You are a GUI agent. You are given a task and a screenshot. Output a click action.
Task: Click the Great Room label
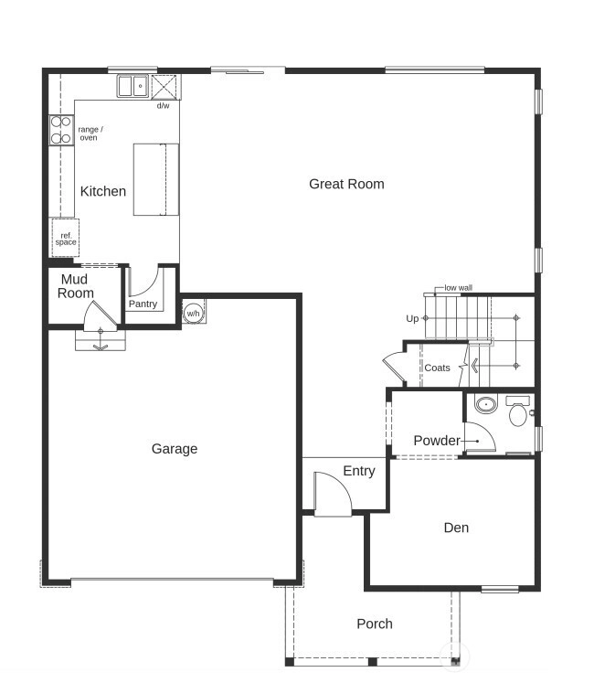[x=346, y=185]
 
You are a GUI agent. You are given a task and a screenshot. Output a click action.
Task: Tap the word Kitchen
[x=103, y=191]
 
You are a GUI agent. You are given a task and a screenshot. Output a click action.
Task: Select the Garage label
[x=175, y=449]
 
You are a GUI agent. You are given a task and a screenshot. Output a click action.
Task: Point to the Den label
[x=456, y=528]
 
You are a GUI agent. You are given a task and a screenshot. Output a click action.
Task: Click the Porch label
[x=375, y=624]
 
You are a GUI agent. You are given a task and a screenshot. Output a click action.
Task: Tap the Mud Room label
[x=75, y=286]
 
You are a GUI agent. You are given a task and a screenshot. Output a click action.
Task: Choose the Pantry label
[x=143, y=304]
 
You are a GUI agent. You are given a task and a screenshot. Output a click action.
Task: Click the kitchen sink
[x=133, y=86]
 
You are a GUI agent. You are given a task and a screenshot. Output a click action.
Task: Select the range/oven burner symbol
[x=61, y=130]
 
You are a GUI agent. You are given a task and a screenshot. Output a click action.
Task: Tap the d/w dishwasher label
[x=163, y=106]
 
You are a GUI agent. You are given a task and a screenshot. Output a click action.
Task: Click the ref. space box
[x=66, y=238]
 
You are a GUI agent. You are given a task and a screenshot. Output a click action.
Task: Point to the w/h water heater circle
[x=193, y=314]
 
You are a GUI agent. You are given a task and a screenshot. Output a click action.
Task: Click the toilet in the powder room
[x=518, y=411]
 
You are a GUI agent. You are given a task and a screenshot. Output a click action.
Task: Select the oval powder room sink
[x=485, y=405]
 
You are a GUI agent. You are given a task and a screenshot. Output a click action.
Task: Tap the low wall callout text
[x=458, y=288]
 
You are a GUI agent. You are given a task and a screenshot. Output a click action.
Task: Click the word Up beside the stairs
[x=412, y=318]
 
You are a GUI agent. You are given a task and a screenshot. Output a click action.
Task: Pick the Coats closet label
[x=437, y=368]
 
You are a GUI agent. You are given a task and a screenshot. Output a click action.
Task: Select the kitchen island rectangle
[x=156, y=179]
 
